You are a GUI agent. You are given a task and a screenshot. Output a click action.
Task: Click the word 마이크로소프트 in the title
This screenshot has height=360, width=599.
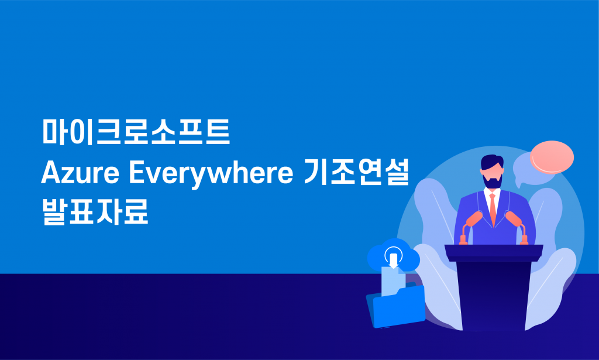(136, 132)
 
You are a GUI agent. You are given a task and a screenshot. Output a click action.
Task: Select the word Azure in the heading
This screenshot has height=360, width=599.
(80, 173)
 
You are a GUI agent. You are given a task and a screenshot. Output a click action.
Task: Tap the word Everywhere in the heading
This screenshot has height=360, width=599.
(211, 174)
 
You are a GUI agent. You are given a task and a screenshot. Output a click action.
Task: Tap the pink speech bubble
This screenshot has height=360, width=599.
(552, 157)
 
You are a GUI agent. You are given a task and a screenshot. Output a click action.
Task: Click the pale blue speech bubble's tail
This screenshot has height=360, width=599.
(518, 183)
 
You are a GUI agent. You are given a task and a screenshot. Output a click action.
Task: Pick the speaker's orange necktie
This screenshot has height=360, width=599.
(493, 210)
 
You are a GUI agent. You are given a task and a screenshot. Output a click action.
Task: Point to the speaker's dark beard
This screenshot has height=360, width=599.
(493, 181)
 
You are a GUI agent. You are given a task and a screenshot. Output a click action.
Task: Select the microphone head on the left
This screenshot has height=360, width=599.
(474, 218)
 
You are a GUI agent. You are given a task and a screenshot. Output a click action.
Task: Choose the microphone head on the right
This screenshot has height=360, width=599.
(514, 218)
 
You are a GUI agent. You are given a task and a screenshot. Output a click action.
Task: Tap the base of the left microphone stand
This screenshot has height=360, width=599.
(463, 241)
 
